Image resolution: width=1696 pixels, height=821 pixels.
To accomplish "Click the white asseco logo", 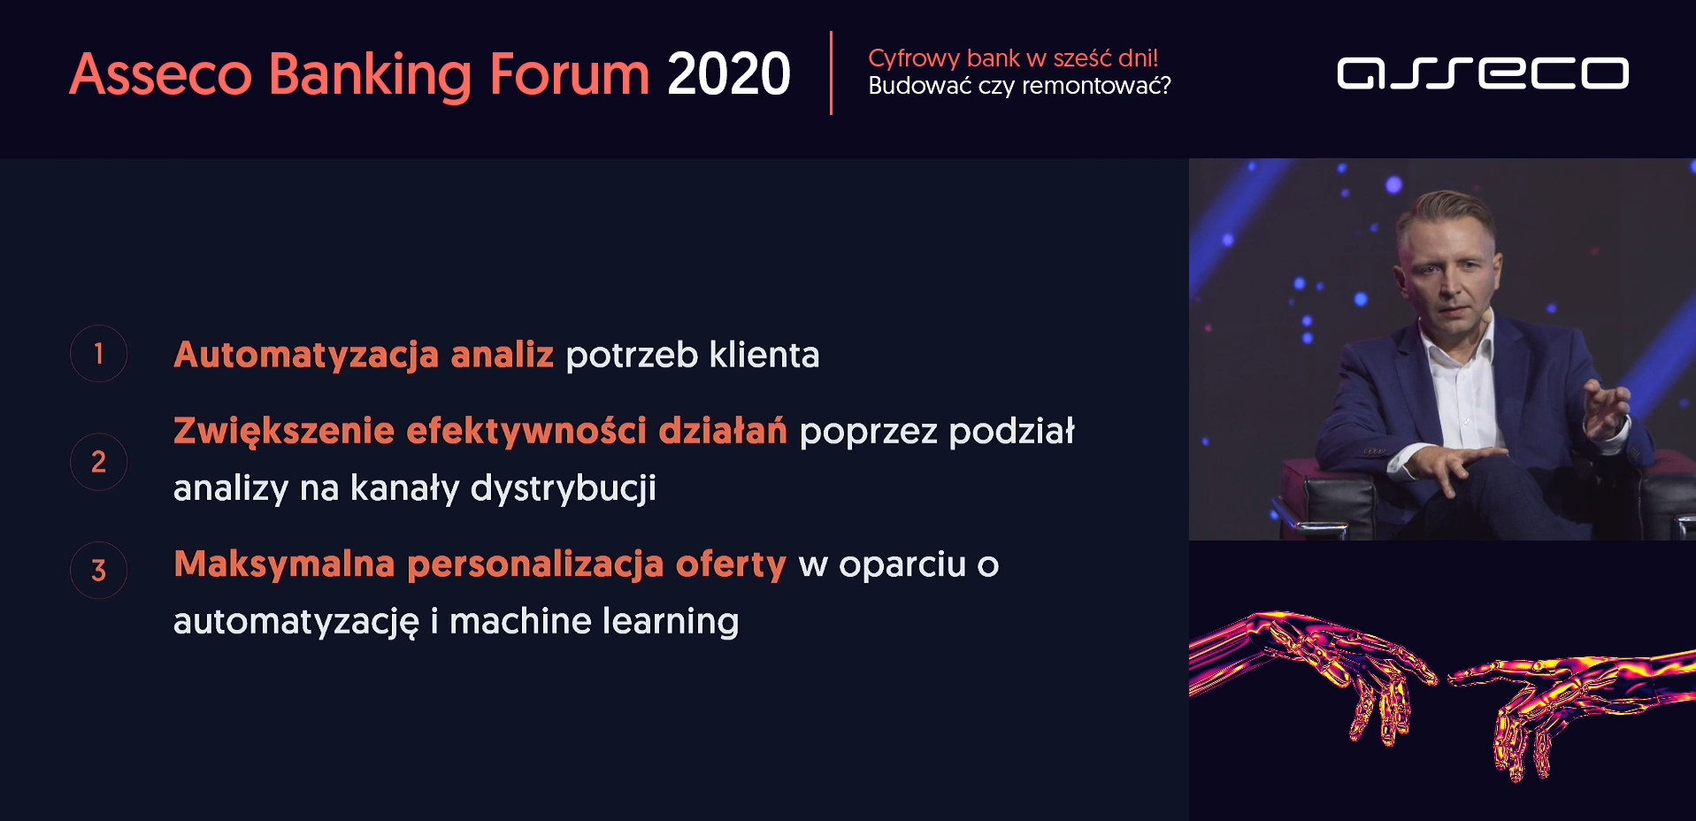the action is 1483,73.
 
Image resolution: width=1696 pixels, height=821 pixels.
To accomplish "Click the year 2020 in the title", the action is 729,73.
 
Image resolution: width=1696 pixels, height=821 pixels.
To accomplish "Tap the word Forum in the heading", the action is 570,73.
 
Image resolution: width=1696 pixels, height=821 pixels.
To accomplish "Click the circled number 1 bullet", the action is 99,354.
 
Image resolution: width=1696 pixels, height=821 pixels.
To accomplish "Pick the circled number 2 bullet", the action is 99,462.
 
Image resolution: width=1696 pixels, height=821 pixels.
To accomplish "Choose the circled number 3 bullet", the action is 99,570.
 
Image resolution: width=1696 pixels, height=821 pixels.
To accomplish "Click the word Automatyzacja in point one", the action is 306,356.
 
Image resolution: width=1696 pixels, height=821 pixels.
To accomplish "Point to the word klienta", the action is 764,355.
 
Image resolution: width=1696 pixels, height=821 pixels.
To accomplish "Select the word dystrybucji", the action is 564,488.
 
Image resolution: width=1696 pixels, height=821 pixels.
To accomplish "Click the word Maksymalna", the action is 284,564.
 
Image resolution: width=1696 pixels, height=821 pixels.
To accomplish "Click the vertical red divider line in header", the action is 831,73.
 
